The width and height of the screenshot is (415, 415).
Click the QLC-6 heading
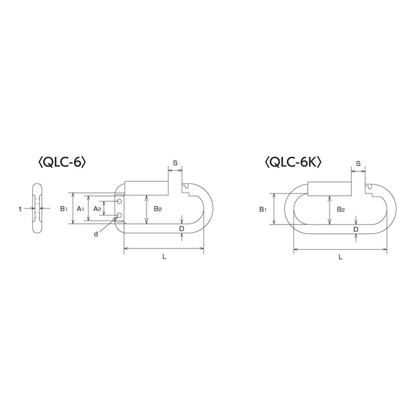click(x=62, y=162)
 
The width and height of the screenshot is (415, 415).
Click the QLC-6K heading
click(x=294, y=162)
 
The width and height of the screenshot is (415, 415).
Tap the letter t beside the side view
click(x=20, y=209)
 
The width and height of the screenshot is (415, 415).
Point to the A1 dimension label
click(x=80, y=209)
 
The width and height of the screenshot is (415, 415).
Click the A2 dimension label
click(x=97, y=209)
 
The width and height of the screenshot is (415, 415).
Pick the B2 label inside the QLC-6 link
click(x=157, y=209)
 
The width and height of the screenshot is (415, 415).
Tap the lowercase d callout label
click(x=96, y=234)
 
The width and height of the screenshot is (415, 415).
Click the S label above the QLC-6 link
click(x=175, y=163)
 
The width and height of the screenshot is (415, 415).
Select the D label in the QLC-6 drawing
click(x=182, y=229)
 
